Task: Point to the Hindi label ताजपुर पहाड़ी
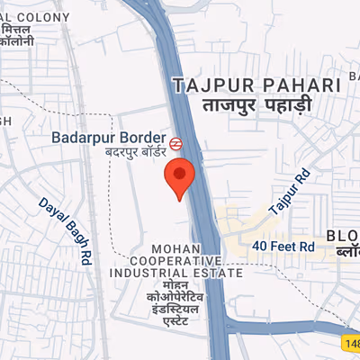[256, 104]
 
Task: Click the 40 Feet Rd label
[283, 245]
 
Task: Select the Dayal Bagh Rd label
[67, 230]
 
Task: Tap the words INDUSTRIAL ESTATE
[176, 273]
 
